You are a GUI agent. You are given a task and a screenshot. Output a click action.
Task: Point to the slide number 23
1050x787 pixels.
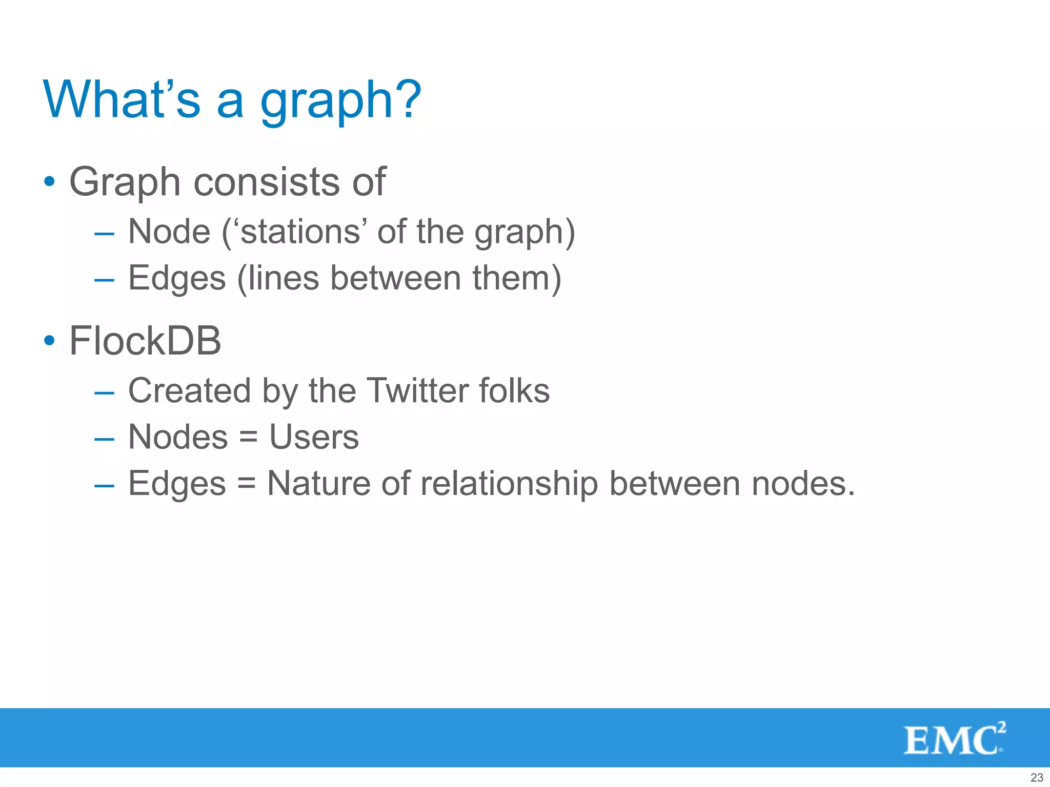(x=1036, y=777)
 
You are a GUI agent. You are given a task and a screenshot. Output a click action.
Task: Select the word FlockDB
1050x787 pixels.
(x=145, y=341)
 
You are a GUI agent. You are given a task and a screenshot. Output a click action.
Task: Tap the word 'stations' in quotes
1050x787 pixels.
(x=300, y=232)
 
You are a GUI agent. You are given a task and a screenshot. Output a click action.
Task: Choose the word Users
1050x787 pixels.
(x=314, y=437)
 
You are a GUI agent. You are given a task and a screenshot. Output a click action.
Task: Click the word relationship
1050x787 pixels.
(x=509, y=484)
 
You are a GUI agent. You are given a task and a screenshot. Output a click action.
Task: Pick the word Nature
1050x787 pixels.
(x=318, y=484)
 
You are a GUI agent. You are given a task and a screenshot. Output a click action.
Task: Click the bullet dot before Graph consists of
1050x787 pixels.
(x=49, y=181)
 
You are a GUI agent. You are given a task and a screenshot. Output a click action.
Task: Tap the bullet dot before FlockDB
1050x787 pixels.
(x=49, y=340)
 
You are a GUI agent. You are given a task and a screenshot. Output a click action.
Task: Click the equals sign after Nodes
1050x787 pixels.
(x=248, y=438)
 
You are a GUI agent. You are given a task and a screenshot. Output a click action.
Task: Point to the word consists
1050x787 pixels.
(x=267, y=182)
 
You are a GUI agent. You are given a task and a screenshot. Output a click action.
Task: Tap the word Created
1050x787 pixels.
(x=189, y=390)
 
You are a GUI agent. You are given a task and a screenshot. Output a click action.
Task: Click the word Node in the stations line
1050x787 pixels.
(x=169, y=232)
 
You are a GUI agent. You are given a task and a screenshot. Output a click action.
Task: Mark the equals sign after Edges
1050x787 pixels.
(x=246, y=485)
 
